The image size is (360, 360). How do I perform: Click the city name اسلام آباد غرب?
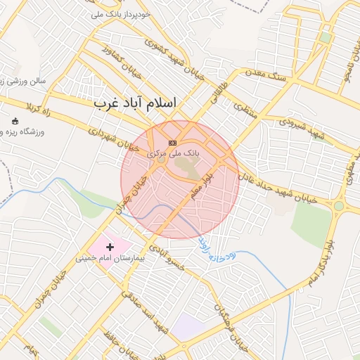136,103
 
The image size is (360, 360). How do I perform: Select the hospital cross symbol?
110,247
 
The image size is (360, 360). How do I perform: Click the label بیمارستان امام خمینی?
110,259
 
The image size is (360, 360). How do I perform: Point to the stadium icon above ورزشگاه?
15,121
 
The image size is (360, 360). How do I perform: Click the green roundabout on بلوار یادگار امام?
339,206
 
